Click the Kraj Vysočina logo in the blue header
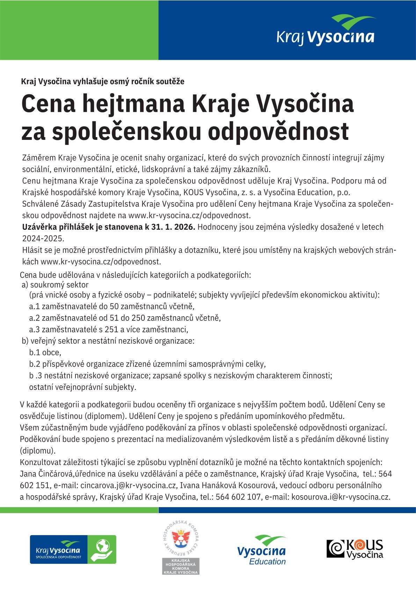coord(325,30)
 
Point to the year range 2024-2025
coord(43,239)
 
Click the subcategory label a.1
coord(35,307)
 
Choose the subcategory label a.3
coord(35,329)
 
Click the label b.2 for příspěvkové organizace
coord(35,364)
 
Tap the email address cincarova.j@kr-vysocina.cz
coord(128,485)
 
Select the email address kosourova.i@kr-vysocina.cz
coord(341,497)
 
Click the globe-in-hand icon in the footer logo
coord(102,549)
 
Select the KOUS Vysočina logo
coord(355,549)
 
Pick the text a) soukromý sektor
coord(55,285)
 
